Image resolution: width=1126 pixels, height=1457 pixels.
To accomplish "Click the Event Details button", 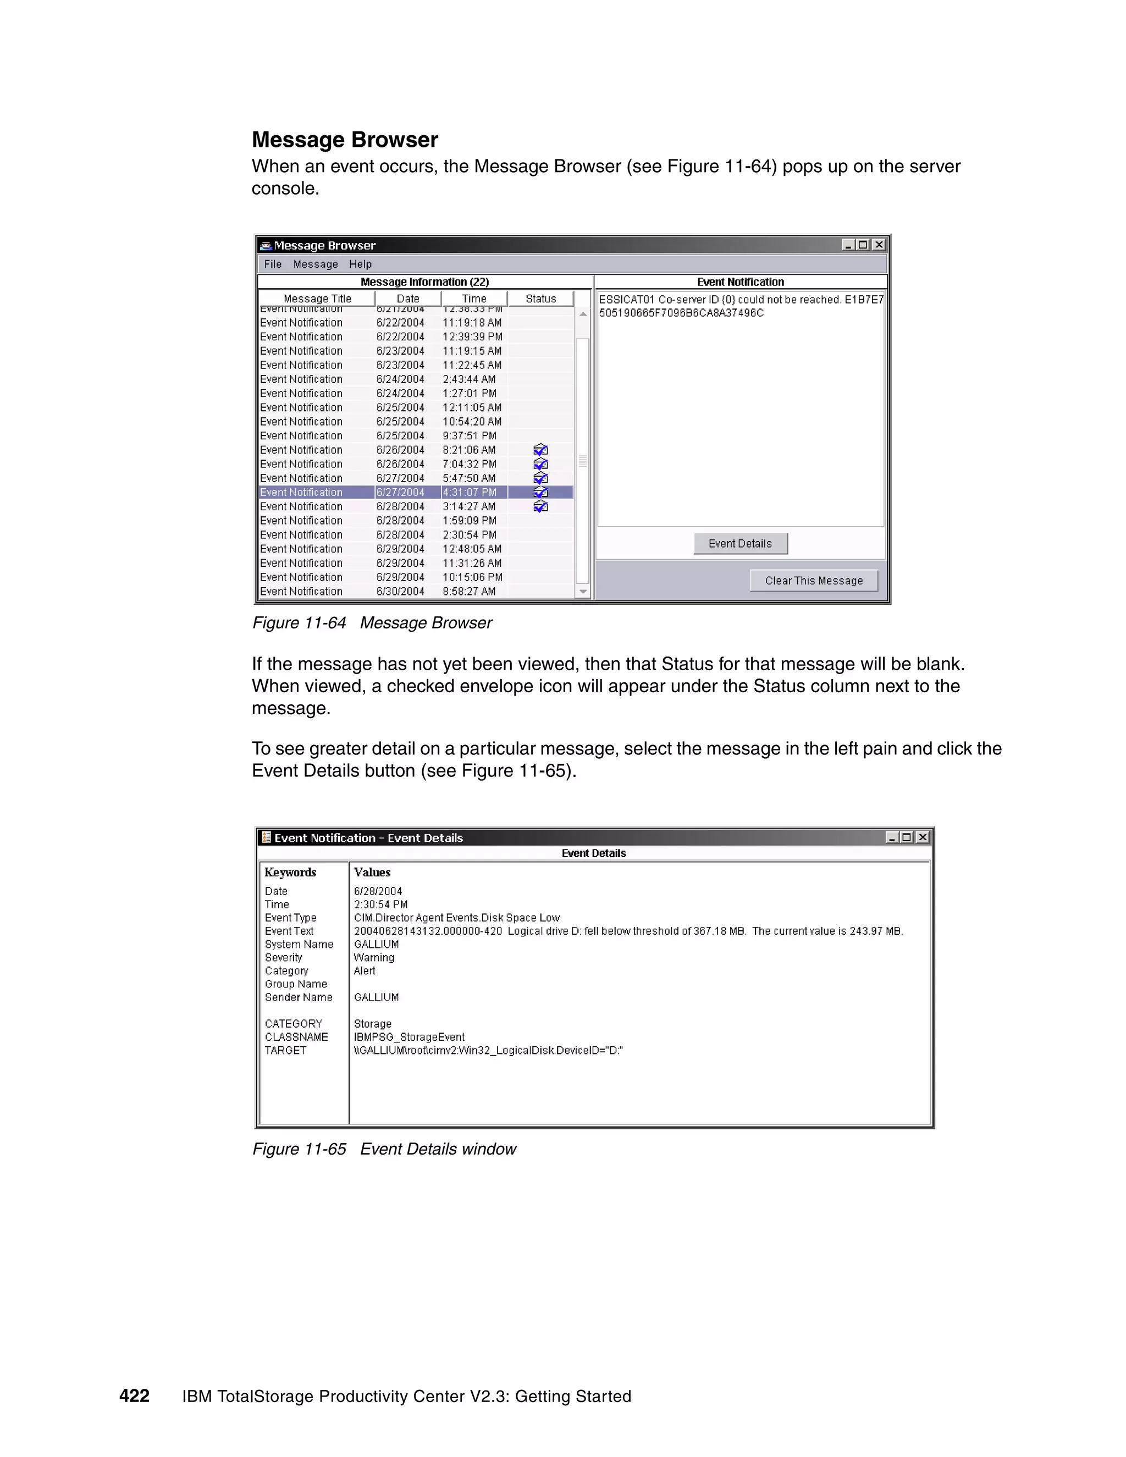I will tap(740, 544).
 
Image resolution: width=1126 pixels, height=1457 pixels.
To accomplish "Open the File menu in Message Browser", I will tap(273, 264).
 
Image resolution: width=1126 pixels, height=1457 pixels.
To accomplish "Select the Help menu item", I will tap(360, 264).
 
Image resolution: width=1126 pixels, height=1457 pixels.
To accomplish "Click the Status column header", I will tap(540, 299).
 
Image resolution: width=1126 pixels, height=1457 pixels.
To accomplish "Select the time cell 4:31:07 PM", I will tap(470, 492).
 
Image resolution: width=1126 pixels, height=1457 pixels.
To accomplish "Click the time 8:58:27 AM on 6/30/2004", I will tap(469, 592).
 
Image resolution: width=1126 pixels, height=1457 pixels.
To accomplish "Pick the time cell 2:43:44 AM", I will tap(469, 379).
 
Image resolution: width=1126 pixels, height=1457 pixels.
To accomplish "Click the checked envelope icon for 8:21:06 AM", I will tap(540, 450).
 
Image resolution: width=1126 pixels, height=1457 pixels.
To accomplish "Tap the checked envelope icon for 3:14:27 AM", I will tap(540, 507).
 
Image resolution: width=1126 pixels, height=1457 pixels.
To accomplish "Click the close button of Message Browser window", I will tap(879, 245).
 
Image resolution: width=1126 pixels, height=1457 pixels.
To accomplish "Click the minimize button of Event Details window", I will tap(891, 837).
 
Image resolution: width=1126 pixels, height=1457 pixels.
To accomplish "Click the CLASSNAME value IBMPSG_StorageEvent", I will tap(409, 1037).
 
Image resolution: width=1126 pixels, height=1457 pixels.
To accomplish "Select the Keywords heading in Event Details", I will tap(290, 873).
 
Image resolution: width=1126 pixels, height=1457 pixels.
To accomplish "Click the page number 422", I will tap(134, 1397).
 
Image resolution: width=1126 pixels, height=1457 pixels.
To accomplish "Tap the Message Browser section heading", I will tap(345, 140).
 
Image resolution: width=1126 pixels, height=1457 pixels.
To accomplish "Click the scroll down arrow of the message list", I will tap(583, 592).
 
